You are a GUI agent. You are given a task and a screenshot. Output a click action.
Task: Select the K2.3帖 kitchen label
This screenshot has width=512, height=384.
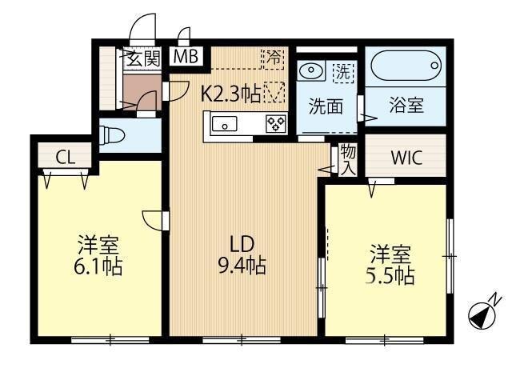click(230, 94)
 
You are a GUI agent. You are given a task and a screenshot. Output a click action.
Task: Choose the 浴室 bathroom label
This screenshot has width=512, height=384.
click(406, 106)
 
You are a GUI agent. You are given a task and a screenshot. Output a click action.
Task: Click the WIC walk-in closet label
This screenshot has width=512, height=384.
click(405, 158)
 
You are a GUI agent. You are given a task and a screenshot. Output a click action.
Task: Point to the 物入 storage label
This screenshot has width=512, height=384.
click(347, 160)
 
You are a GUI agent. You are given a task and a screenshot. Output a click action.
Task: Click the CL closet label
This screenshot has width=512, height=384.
click(66, 157)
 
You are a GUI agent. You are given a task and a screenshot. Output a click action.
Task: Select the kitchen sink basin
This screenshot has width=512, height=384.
click(224, 124)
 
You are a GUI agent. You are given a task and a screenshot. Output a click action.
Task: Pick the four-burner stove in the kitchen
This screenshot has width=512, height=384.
click(276, 124)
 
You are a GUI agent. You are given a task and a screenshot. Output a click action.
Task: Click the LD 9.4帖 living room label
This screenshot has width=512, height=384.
click(243, 253)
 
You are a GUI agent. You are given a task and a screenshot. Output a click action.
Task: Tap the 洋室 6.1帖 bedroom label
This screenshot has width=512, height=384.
click(99, 254)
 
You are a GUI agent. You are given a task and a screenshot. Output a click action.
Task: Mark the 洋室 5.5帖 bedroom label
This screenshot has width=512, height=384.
click(390, 266)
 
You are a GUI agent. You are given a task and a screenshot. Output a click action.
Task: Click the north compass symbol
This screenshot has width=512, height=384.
click(482, 314)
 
